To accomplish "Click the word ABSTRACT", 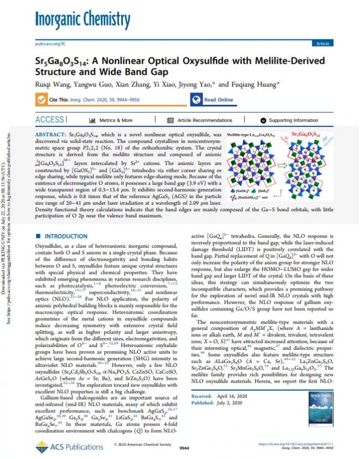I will coord(54,135).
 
